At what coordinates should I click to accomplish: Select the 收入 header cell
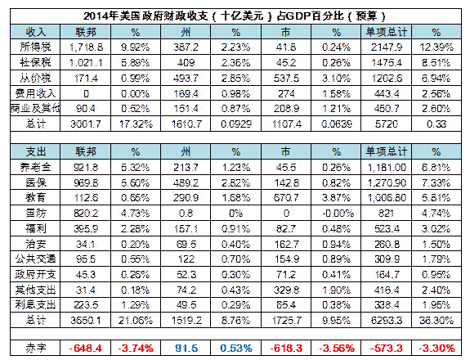[37, 30]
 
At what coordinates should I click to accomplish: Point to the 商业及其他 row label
[37, 108]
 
